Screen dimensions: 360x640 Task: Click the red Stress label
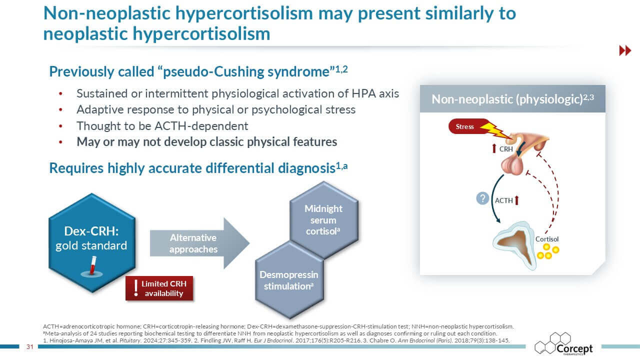pyautogui.click(x=464, y=127)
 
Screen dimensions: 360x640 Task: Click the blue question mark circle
pyautogui.click(x=482, y=198)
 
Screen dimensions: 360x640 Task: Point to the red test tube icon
pyautogui.click(x=91, y=264)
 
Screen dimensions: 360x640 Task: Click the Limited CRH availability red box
pyautogui.click(x=159, y=288)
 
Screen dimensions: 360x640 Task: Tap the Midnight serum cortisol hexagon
pyautogui.click(x=323, y=220)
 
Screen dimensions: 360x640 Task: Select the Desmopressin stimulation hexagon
pyautogui.click(x=288, y=280)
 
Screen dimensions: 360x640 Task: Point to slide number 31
pyautogui.click(x=29, y=347)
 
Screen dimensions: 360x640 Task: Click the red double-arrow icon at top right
pyautogui.click(x=625, y=50)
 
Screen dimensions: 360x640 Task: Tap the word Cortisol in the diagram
pyautogui.click(x=547, y=239)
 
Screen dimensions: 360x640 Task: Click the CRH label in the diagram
pyautogui.click(x=506, y=148)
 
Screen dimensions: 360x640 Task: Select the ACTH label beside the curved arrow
pyautogui.click(x=504, y=200)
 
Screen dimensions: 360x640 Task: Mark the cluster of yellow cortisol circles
pyautogui.click(x=547, y=251)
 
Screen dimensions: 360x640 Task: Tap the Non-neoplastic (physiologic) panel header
pyautogui.click(x=512, y=99)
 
